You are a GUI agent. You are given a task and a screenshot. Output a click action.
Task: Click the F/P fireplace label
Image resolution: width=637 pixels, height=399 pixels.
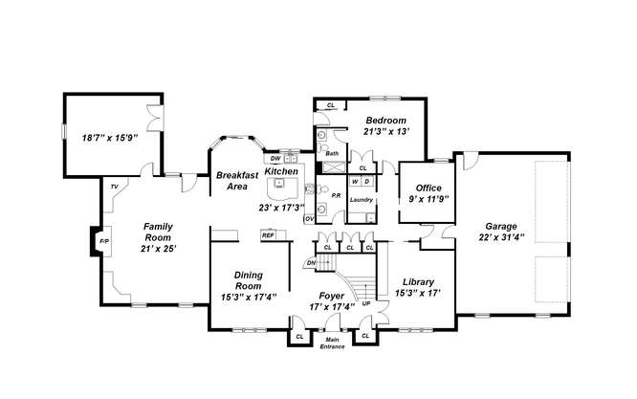(x=104, y=241)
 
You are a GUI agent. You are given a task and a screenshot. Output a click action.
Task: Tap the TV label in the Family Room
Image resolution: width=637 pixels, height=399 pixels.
(x=114, y=187)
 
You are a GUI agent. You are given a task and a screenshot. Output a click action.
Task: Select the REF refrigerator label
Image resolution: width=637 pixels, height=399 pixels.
(x=268, y=234)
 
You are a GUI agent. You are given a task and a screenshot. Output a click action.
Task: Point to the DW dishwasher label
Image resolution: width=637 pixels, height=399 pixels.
(x=275, y=158)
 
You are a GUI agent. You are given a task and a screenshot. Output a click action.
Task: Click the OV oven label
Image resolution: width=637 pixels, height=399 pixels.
(x=310, y=218)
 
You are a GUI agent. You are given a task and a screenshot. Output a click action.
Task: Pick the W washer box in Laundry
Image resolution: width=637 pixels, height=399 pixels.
(x=355, y=181)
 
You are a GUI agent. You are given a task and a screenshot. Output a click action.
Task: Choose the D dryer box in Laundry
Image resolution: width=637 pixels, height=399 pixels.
(x=367, y=181)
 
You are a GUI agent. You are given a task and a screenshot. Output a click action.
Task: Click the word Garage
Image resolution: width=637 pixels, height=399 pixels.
(x=501, y=227)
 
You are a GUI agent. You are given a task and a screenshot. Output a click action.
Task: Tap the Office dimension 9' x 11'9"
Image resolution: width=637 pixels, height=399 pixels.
(x=428, y=199)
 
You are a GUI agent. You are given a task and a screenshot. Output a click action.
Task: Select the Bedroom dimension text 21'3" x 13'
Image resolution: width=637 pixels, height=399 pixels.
(x=386, y=131)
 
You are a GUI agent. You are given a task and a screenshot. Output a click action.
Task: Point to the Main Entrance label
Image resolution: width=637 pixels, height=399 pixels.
(x=332, y=343)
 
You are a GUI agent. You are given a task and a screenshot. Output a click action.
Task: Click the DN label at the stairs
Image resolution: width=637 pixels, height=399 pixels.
(x=311, y=263)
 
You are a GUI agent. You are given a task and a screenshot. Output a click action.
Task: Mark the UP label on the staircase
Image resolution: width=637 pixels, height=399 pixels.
(x=366, y=303)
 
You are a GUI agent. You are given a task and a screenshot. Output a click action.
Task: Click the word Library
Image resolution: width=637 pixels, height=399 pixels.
(x=418, y=281)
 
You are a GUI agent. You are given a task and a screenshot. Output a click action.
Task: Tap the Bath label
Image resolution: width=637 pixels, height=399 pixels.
(x=332, y=154)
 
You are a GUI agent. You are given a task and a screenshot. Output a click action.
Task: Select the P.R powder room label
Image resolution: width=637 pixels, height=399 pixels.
(x=336, y=196)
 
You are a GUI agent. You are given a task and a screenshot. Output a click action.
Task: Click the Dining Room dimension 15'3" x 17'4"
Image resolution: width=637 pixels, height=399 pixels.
(x=249, y=297)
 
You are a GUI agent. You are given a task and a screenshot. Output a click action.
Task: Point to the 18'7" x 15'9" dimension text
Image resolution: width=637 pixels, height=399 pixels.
(x=110, y=138)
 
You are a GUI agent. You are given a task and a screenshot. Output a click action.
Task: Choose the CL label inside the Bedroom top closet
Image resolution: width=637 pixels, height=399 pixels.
(x=331, y=105)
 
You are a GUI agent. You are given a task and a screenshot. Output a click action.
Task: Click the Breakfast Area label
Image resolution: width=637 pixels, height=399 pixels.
(x=237, y=181)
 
